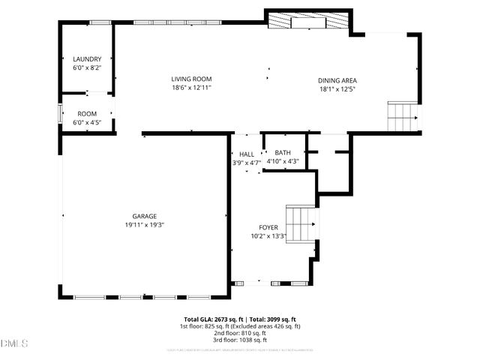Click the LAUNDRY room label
(87, 59)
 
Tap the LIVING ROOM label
(191, 79)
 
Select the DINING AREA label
(337, 81)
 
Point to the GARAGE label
(145, 216)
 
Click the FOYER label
(268, 227)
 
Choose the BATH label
(283, 152)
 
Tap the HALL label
(247, 153)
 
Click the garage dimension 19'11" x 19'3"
(145, 224)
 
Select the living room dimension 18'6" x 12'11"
(191, 88)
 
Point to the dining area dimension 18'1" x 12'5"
(337, 89)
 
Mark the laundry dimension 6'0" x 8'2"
(87, 67)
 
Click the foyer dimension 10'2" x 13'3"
(268, 236)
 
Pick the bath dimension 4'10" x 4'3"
(283, 160)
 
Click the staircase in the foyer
(302, 223)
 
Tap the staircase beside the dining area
(402, 117)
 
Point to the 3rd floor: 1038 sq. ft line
(240, 341)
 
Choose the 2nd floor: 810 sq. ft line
(240, 334)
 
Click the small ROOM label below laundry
(87, 114)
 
